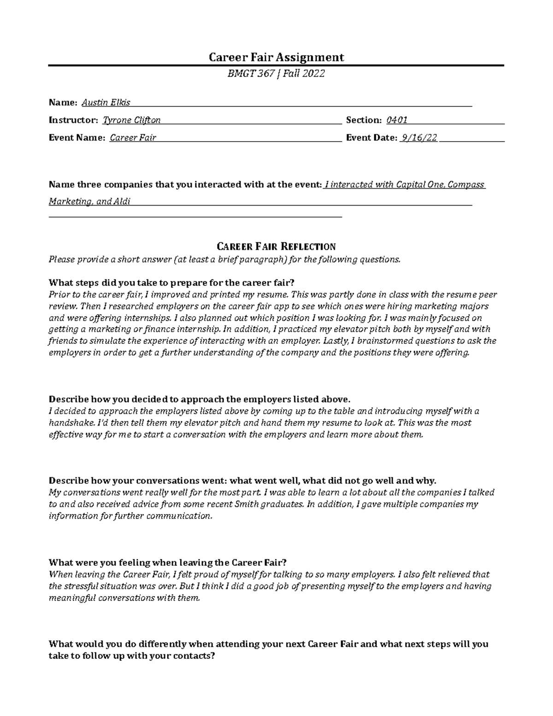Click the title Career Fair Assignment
(276, 57)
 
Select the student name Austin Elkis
(106, 102)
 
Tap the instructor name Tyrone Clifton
(131, 120)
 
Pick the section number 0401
(396, 120)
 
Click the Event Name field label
(77, 138)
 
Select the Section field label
(364, 120)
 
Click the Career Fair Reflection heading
(276, 246)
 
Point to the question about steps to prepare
(171, 283)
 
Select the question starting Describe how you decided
(200, 399)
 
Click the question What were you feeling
(167, 562)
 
